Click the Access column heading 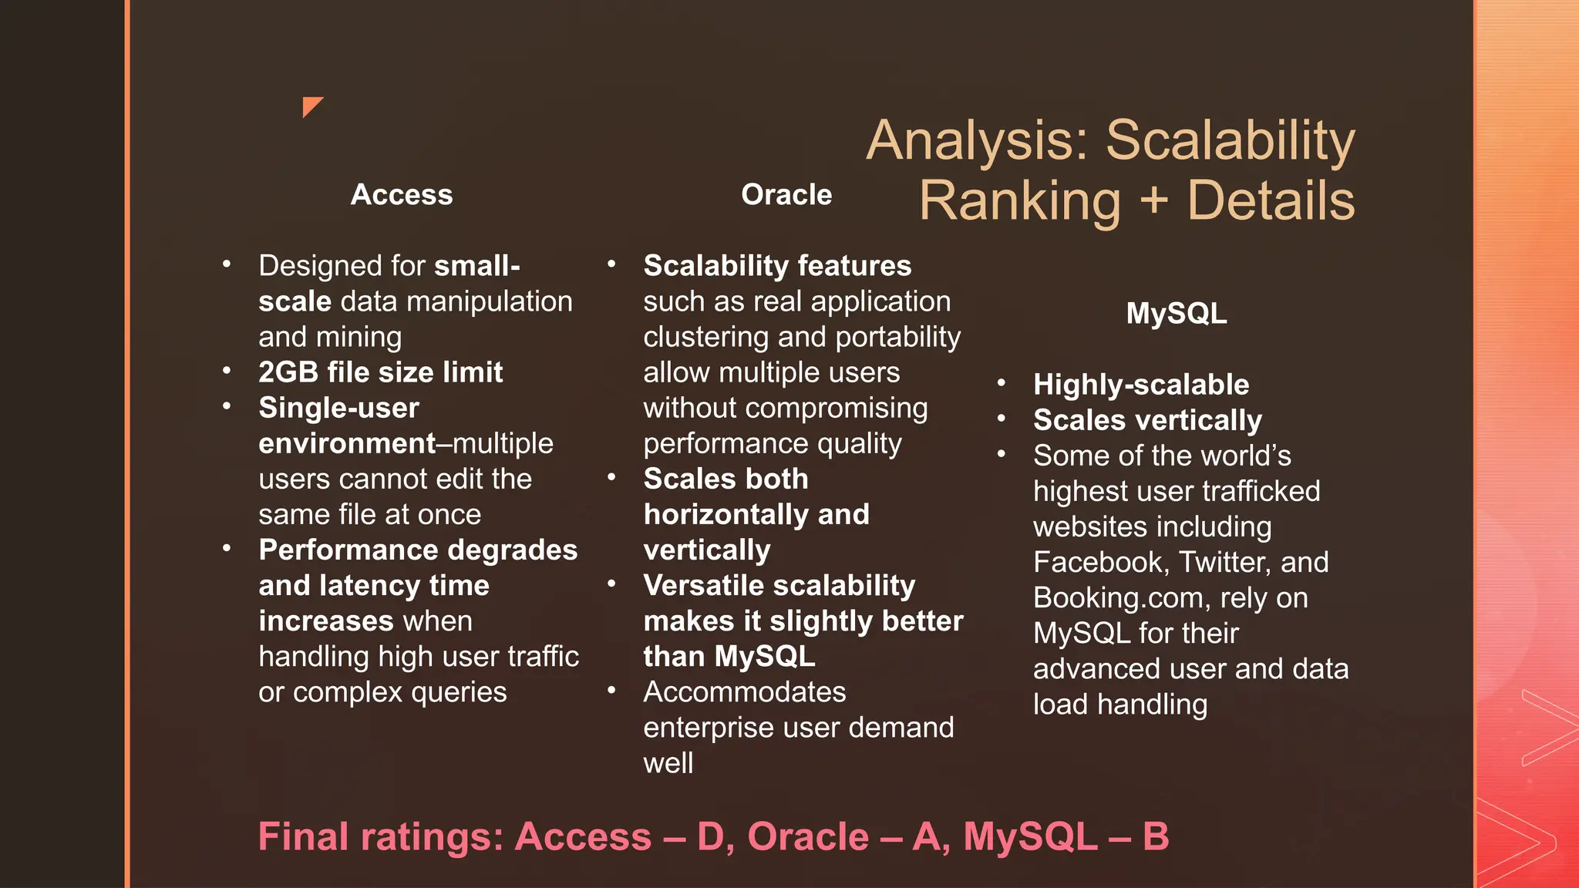402,195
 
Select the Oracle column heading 786,195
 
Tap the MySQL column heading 1176,314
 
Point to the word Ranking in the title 1019,201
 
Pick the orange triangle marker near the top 311,105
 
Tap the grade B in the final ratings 1155,837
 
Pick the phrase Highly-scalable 1141,385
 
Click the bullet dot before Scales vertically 1001,419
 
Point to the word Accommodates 745,692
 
